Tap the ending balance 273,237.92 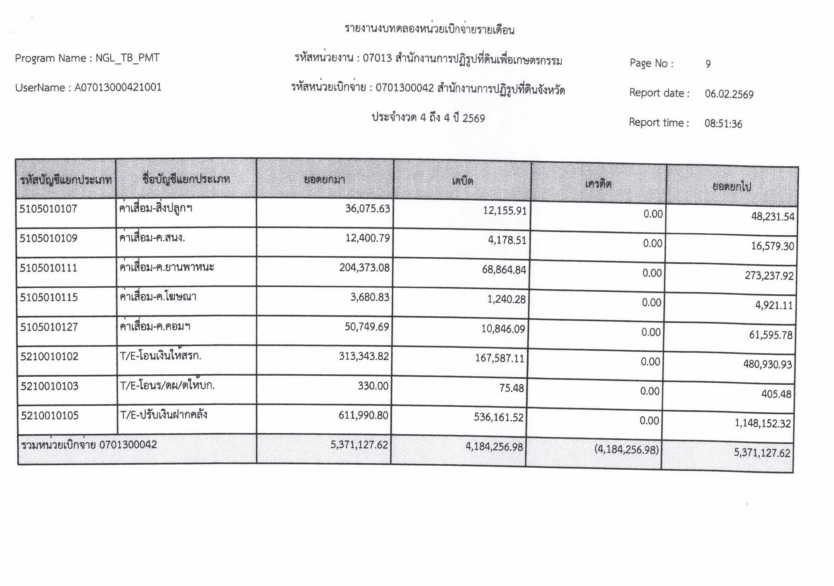[x=769, y=276]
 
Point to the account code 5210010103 [x=49, y=386]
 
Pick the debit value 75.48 [x=511, y=388]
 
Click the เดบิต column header [x=462, y=181]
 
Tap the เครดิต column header [x=598, y=184]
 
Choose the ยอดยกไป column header [x=732, y=187]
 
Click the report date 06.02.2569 [x=729, y=94]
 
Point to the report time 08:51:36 [x=723, y=124]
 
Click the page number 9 [x=708, y=64]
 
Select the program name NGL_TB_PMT [x=127, y=58]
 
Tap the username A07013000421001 [x=118, y=87]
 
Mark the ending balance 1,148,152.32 [x=762, y=423]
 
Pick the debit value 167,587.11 [x=500, y=358]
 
